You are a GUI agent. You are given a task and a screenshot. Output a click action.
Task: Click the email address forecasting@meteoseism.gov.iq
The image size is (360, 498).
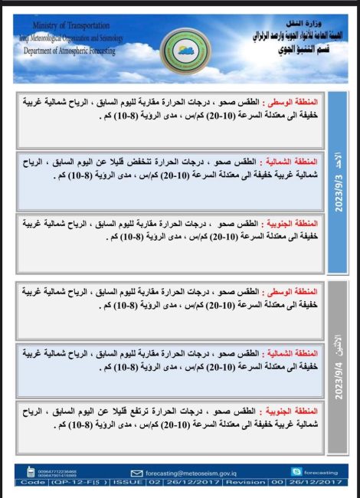(x=187, y=473)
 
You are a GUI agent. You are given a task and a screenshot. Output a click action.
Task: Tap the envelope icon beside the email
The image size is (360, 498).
(x=137, y=473)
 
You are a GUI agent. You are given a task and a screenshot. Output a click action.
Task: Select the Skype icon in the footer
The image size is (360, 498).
(x=296, y=472)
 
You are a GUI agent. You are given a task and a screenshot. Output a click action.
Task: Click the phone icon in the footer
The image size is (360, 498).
(x=31, y=473)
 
